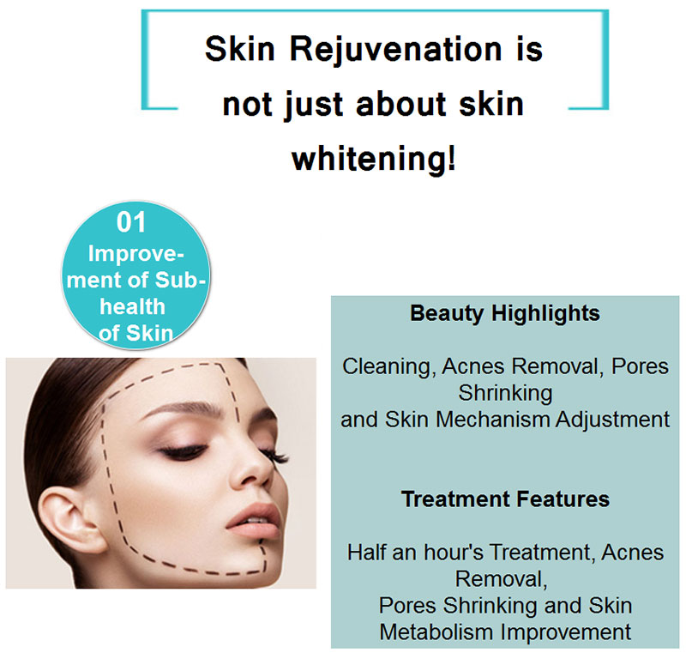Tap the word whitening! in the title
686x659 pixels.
click(374, 159)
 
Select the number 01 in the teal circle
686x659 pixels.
click(131, 222)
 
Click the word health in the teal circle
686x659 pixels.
click(132, 306)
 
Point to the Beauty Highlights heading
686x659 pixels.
click(505, 313)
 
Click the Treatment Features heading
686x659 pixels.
click(505, 499)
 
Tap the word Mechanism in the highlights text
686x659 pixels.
click(494, 420)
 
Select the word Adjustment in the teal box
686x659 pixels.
click(613, 420)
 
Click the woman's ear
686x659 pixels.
click(69, 520)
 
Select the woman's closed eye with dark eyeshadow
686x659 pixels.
click(183, 452)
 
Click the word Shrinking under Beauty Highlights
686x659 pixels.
click(505, 394)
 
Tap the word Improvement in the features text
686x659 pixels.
click(566, 632)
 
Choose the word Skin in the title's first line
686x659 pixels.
click(239, 49)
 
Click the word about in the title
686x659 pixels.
click(400, 105)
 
